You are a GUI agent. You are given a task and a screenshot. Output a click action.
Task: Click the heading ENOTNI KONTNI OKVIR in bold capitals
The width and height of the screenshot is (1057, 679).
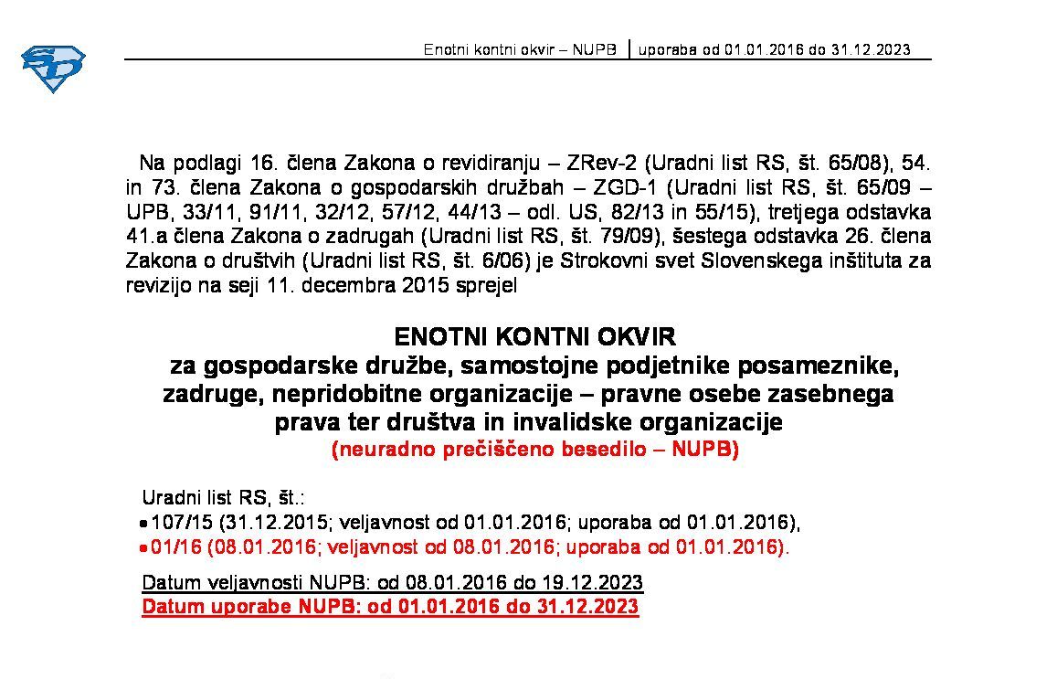[x=534, y=337]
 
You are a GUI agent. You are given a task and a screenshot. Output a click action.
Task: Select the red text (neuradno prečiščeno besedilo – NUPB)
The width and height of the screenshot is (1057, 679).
[x=534, y=450]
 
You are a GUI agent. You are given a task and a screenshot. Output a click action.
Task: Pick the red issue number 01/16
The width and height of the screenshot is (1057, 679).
[x=176, y=547]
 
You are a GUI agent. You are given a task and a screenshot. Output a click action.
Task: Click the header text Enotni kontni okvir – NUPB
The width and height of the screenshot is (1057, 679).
[x=521, y=49]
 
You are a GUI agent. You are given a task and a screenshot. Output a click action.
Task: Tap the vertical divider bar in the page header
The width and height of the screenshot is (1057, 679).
[x=629, y=48]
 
